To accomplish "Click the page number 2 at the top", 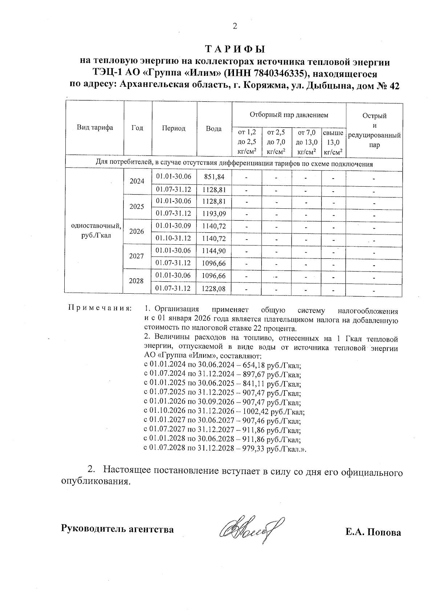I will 235,26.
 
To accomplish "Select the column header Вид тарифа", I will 95,128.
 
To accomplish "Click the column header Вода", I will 214,129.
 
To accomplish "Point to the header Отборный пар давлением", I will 289,115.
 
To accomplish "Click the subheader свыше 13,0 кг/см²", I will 333,142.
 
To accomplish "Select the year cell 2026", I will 137,231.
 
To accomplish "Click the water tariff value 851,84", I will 214,177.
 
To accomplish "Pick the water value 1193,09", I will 214,213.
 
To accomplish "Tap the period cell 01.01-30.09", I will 173,226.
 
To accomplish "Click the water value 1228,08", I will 214,289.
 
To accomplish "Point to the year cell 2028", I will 136,281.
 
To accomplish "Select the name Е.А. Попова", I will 373,533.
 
